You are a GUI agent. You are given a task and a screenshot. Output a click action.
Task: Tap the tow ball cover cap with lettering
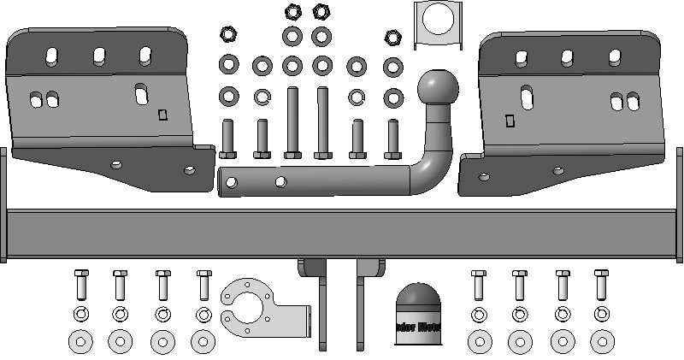click(416, 314)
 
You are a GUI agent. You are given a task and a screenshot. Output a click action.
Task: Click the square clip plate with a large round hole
click(438, 24)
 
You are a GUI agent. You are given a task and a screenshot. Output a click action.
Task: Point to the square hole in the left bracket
click(162, 115)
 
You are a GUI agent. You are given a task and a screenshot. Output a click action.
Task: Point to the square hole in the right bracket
click(510, 121)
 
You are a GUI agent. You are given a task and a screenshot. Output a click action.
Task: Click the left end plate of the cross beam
click(3, 205)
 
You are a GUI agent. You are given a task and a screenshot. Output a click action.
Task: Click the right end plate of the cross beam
click(680, 205)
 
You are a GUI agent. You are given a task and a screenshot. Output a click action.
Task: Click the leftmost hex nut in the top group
click(228, 34)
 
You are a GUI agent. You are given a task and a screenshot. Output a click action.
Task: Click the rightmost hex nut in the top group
click(392, 37)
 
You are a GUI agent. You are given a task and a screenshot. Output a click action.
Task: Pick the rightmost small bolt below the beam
click(602, 286)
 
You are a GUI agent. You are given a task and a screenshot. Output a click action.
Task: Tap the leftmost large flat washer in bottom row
click(80, 342)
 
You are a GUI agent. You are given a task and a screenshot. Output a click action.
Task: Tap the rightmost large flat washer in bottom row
click(603, 342)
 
